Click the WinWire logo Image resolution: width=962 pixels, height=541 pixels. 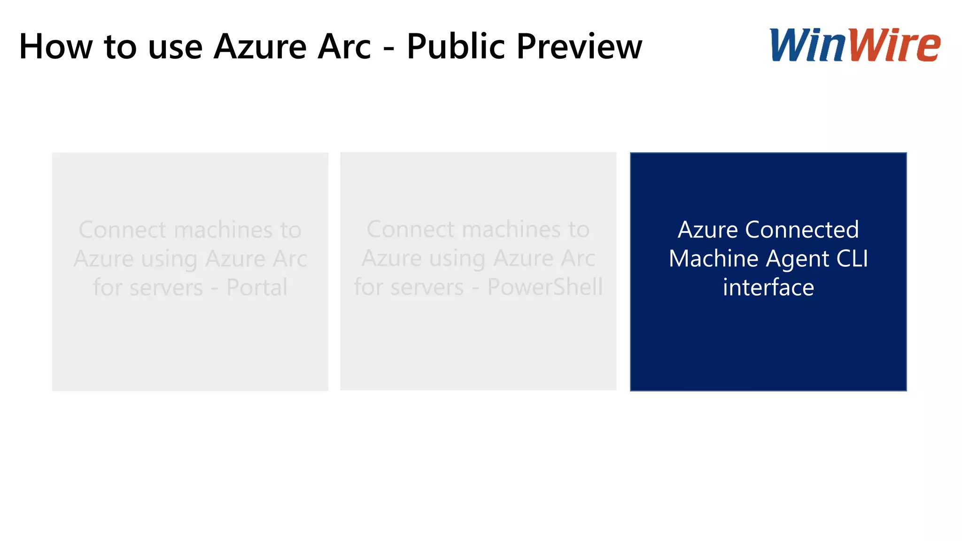[x=854, y=45]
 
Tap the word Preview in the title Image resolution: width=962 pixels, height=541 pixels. [x=579, y=46]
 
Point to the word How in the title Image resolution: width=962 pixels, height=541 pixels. [x=56, y=46]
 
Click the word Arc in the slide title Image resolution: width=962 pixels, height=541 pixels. [x=344, y=46]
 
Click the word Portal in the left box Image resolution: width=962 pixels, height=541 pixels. [x=256, y=287]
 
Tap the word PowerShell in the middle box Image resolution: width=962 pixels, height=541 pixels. [x=545, y=287]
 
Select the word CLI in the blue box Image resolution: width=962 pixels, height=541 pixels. [x=852, y=258]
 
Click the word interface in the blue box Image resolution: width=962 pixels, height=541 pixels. [x=768, y=287]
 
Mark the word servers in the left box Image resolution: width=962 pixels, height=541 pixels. [x=166, y=287]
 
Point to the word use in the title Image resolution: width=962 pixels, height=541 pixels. [x=175, y=47]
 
